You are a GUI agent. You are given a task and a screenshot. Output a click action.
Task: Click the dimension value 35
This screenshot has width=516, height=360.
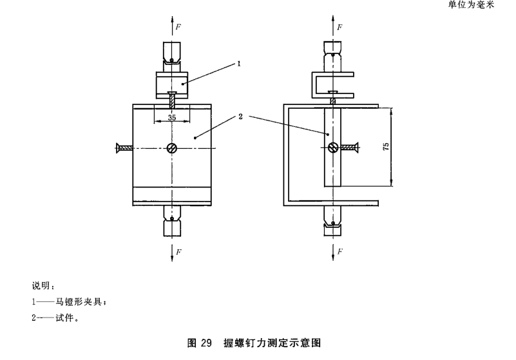coord(171,117)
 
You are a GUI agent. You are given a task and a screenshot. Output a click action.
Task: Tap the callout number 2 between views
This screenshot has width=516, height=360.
coord(239,117)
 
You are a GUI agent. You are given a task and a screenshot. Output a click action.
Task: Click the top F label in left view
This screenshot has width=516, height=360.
coord(180,27)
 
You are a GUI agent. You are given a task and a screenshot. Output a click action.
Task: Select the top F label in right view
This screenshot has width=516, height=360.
coord(339,27)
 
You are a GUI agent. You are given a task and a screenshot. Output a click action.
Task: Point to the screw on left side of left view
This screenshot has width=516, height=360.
coord(124,147)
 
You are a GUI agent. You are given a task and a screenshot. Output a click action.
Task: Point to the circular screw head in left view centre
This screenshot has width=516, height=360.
coord(172,147)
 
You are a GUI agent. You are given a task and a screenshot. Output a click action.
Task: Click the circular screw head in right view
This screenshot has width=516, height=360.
coord(332,147)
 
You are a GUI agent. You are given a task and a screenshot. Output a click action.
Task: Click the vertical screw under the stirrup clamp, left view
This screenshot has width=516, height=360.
coord(172,100)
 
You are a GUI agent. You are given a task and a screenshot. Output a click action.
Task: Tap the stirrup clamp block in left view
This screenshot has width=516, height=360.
coord(172,84)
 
